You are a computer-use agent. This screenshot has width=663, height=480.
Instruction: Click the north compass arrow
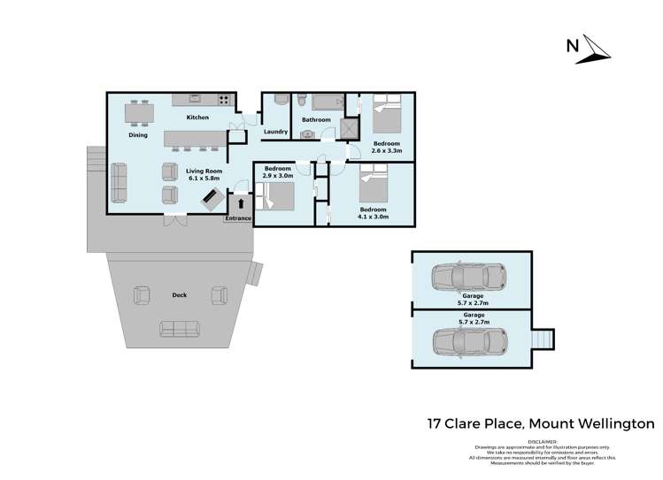click(x=592, y=50)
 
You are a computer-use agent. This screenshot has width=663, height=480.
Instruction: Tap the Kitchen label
click(x=197, y=118)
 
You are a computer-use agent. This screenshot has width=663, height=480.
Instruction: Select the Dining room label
click(x=137, y=135)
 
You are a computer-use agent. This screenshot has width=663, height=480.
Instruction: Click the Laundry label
click(x=275, y=133)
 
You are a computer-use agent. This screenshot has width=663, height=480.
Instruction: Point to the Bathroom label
click(x=316, y=120)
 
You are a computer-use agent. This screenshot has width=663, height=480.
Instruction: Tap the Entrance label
click(x=239, y=217)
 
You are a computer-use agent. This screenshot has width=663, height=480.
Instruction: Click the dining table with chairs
click(x=137, y=113)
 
